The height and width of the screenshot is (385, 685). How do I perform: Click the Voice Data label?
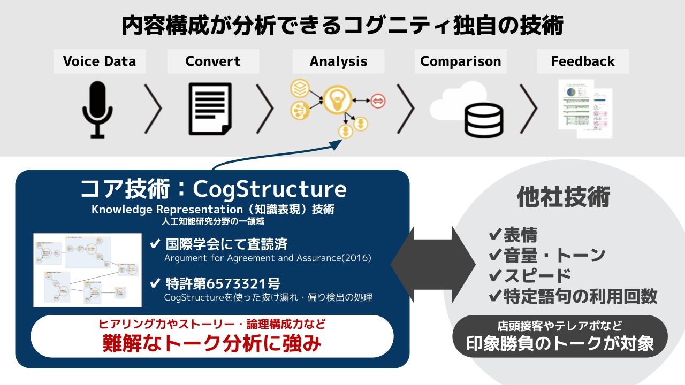click(x=100, y=61)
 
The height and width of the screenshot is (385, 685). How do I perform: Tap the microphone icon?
click(x=97, y=110)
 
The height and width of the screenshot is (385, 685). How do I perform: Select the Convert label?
click(x=213, y=61)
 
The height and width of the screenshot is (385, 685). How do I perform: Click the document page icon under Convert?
click(x=210, y=109)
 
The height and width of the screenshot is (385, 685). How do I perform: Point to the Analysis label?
click(x=338, y=61)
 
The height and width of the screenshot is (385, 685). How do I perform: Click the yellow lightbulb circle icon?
click(x=337, y=99)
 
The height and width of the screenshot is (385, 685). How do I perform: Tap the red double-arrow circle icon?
click(x=378, y=101)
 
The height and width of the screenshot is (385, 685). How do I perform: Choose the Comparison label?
click(x=460, y=61)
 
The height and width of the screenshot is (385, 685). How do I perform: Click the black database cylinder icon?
click(x=483, y=121)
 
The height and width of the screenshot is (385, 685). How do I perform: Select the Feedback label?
click(x=582, y=61)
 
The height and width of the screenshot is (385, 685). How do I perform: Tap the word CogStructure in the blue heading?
click(x=269, y=189)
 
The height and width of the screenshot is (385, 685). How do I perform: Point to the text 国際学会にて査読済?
click(x=225, y=244)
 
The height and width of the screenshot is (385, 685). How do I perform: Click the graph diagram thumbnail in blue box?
click(x=87, y=270)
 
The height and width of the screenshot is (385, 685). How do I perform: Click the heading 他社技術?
click(x=563, y=197)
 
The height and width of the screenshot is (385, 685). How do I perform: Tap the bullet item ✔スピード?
click(x=530, y=275)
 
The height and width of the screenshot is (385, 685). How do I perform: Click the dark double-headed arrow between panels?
click(x=433, y=264)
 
